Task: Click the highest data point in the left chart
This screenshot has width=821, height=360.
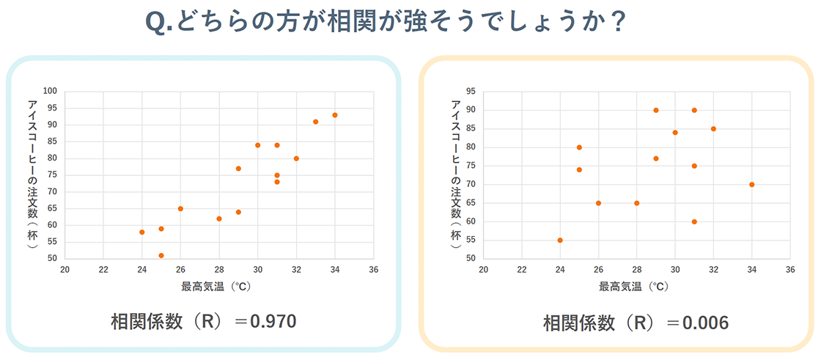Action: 335,115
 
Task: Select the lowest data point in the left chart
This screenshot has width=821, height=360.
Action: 161,255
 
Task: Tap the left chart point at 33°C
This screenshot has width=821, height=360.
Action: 316,122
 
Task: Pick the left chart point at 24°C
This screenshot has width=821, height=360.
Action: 142,232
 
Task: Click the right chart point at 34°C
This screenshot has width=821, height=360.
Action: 752,184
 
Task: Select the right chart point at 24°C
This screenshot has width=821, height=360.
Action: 560,240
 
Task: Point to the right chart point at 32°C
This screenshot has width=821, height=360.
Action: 713,129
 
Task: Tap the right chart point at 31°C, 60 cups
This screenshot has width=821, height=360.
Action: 694,221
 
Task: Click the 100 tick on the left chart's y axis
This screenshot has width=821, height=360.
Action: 49,92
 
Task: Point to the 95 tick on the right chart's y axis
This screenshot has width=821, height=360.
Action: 470,92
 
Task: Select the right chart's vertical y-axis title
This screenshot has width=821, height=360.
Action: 456,173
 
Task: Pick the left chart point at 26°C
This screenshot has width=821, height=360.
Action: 180,209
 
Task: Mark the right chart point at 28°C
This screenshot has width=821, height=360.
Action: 636,203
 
